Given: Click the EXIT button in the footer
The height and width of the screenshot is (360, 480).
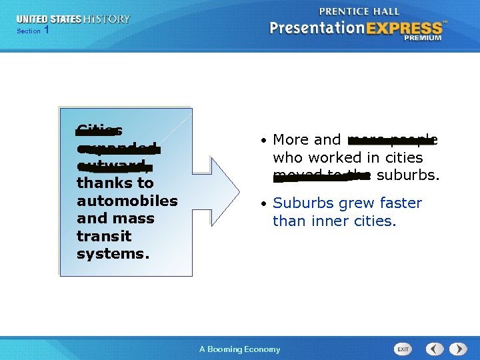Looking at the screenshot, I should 403,349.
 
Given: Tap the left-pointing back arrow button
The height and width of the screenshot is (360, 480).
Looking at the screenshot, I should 435,349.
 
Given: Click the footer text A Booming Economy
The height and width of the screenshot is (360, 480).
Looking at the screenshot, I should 240,349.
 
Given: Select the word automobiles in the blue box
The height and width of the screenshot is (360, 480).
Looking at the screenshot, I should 127,201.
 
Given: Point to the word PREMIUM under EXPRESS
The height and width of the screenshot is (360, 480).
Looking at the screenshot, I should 422,38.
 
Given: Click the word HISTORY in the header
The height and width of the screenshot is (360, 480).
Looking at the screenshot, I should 107,19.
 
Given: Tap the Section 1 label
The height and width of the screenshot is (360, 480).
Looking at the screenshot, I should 33,31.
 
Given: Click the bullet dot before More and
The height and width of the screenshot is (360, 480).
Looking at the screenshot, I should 264,141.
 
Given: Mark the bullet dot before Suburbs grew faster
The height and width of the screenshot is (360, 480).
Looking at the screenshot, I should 264,204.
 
